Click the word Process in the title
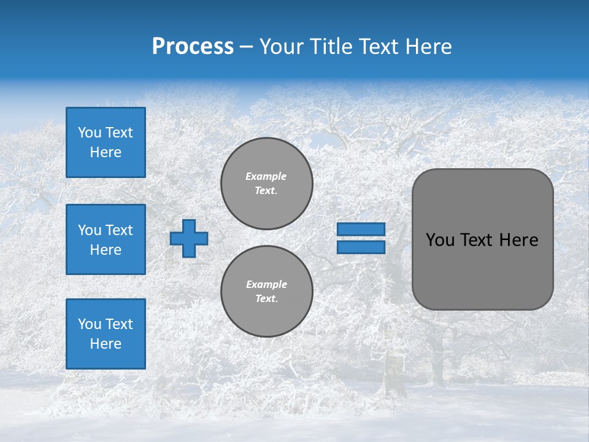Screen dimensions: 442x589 pos(193,47)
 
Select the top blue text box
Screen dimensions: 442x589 pos(106,142)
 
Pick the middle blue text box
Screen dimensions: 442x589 pos(106,239)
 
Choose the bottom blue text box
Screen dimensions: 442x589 pos(106,334)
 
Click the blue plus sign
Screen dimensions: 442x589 pos(188,239)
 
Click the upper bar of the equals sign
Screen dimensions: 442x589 pos(361,230)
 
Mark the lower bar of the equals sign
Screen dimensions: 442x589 pos(361,247)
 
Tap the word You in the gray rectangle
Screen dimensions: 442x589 pos(439,240)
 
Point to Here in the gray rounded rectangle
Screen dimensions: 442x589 pos(518,240)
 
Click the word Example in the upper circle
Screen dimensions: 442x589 pos(266,176)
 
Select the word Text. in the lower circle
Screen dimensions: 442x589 pos(266,299)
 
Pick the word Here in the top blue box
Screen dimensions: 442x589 pos(106,152)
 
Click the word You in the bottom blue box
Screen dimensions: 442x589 pos(89,324)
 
